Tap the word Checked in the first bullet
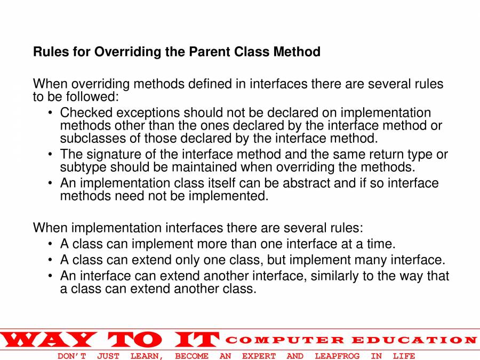point(86,113)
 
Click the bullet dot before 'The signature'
point(50,154)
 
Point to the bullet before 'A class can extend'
point(50,260)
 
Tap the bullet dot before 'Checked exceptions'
point(50,113)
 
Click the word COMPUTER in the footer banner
point(285,340)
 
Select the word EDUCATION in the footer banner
point(414,340)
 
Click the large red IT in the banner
point(197,340)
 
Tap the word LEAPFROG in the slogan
point(337,356)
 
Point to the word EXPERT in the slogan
point(259,356)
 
